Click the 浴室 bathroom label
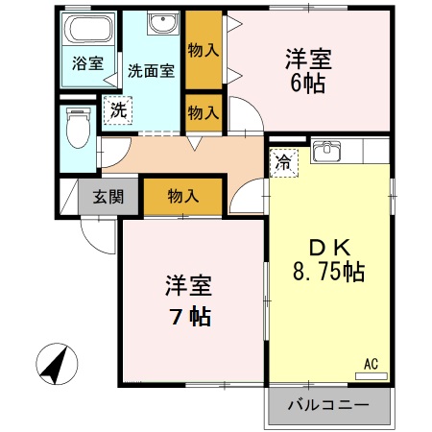(88, 64)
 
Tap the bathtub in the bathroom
(88, 30)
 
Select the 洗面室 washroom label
(151, 71)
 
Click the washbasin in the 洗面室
(159, 23)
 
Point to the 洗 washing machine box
(118, 110)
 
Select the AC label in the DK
(372, 364)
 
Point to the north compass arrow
(57, 365)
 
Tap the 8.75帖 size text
(327, 272)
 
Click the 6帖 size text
(308, 84)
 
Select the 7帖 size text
(188, 316)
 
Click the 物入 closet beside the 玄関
(183, 196)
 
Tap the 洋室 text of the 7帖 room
(188, 286)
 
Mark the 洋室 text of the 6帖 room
(308, 56)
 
